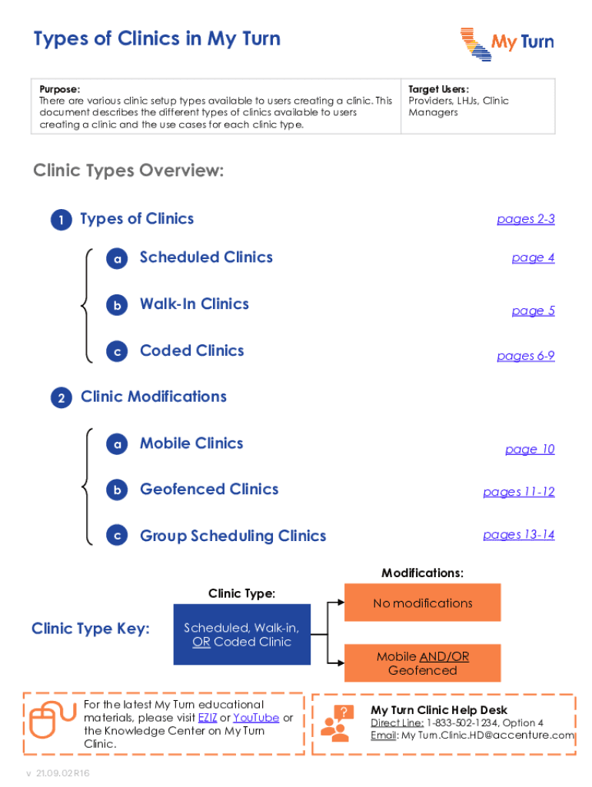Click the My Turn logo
[x=507, y=44]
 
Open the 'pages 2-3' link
[x=525, y=220]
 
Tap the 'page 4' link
[x=533, y=258]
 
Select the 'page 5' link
[x=533, y=311]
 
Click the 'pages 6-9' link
[x=525, y=356]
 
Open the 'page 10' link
[x=530, y=450]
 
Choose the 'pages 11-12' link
[x=518, y=492]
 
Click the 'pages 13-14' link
[x=518, y=535]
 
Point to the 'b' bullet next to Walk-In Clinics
[x=117, y=305]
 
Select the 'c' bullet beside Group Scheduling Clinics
[x=117, y=536]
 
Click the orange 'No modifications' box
[x=422, y=603]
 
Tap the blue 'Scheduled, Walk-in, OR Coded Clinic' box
[x=241, y=635]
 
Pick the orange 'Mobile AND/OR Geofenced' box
[x=422, y=663]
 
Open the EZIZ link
[x=207, y=718]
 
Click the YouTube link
[x=256, y=718]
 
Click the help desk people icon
[x=336, y=723]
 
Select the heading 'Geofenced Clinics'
[x=209, y=490]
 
